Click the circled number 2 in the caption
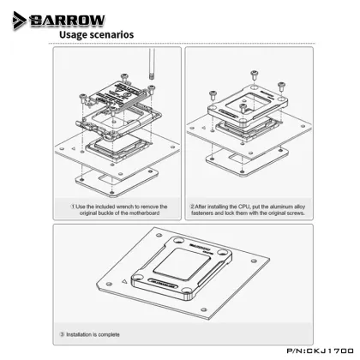click(x=192, y=206)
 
